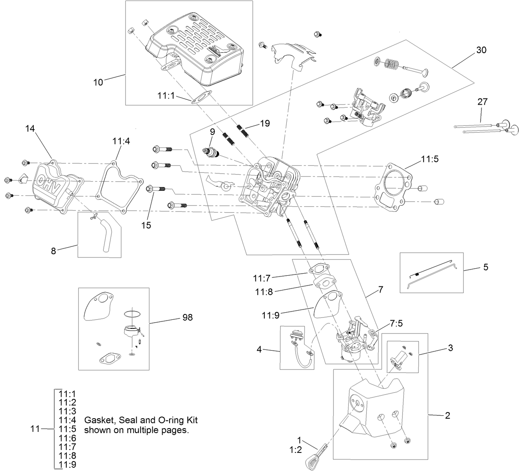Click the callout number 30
481,50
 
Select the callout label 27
482,101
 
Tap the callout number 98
187,317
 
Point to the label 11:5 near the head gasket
430,158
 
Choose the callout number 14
30,128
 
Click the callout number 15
146,225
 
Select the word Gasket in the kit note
98,420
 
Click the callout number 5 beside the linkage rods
486,267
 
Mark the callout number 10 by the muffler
98,82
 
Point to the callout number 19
264,123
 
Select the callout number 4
259,349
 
